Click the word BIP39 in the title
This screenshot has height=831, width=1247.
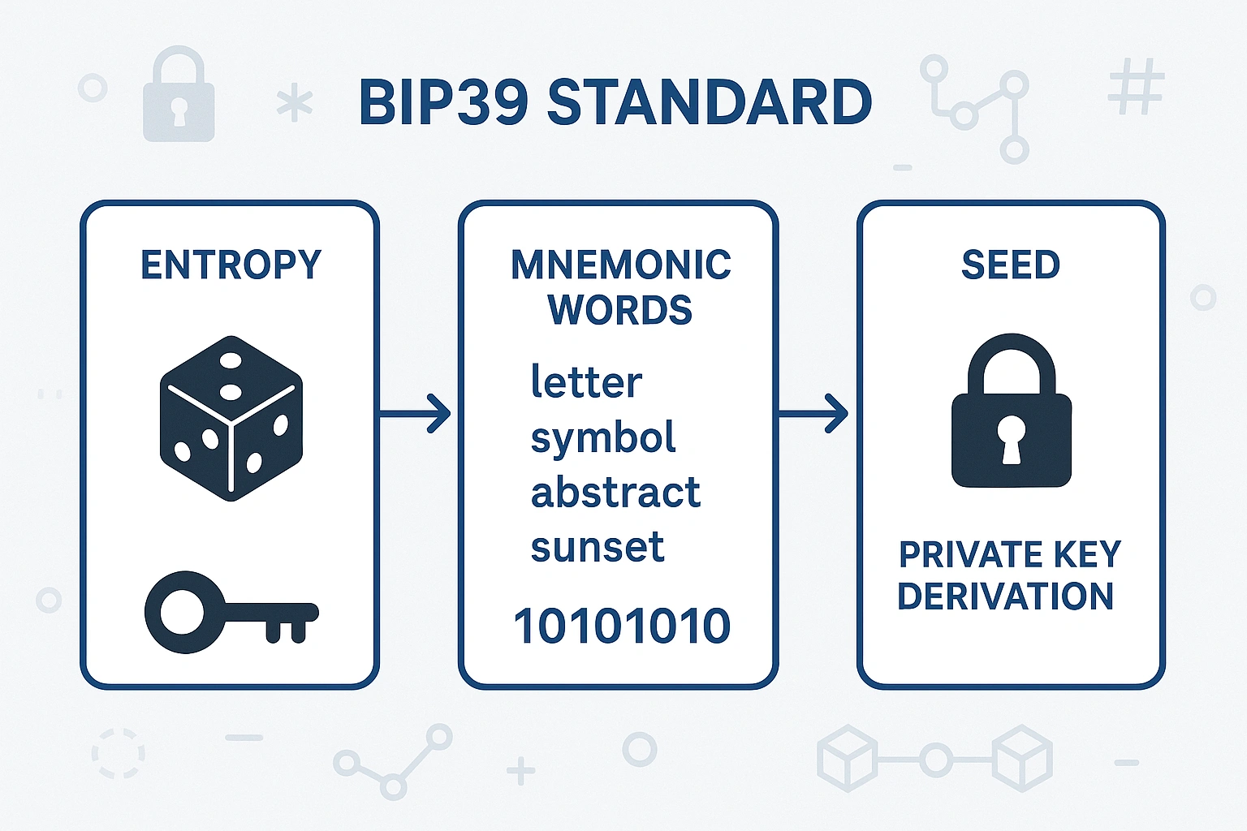tap(443, 102)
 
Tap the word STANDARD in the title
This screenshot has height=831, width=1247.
tap(710, 102)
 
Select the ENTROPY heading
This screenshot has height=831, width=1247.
tap(231, 265)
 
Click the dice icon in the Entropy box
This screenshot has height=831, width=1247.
tap(231, 418)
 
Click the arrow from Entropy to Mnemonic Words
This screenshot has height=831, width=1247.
tap(416, 414)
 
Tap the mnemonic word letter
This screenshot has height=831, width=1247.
tap(586, 381)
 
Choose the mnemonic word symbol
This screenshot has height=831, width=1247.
tap(603, 438)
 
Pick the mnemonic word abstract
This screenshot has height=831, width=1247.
tap(615, 493)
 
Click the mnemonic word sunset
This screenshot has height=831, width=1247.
tap(598, 547)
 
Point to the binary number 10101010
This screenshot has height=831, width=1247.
tap(622, 626)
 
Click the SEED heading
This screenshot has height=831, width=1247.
tap(1011, 265)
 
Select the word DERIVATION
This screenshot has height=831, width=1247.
tap(1005, 596)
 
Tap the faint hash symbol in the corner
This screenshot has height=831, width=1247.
tap(1136, 86)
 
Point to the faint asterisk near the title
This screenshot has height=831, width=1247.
tap(294, 105)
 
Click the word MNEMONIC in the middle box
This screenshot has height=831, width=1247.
tap(621, 265)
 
